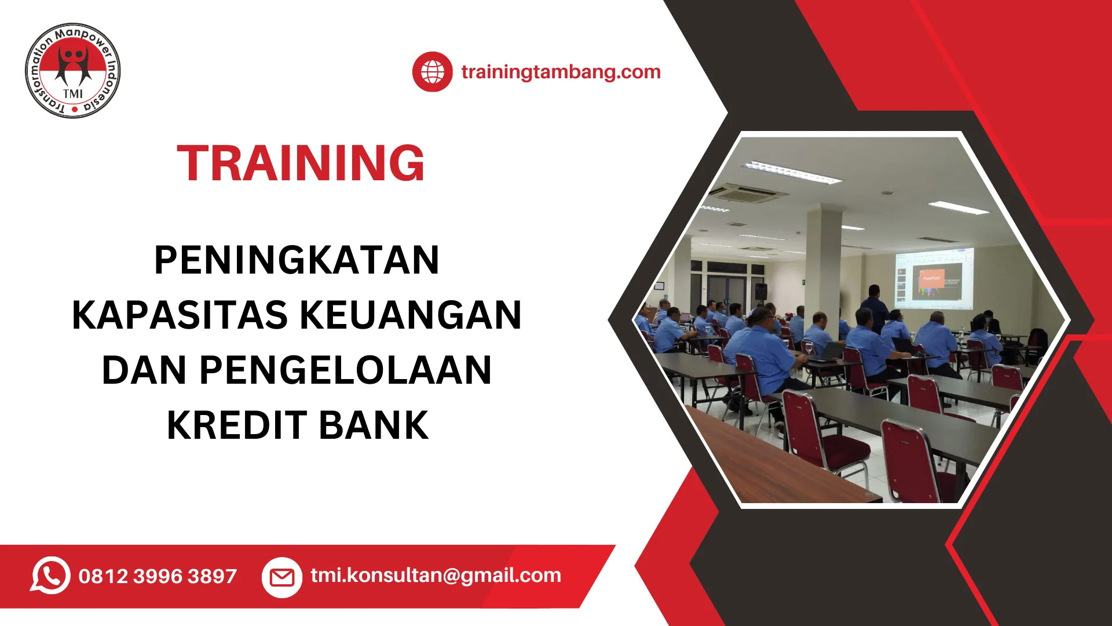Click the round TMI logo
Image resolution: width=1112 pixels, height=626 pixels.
73,71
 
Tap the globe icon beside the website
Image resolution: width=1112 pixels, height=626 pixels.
433,72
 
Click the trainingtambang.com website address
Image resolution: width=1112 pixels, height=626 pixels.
561,72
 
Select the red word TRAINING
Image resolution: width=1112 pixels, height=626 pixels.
301,163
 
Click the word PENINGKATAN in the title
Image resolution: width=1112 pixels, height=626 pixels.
297,260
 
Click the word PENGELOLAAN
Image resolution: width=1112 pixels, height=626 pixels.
346,370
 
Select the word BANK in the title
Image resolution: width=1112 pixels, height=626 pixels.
374,425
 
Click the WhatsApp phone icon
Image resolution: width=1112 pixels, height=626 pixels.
50,576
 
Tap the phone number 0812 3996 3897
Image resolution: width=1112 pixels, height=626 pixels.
158,576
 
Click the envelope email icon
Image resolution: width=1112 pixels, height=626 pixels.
282,577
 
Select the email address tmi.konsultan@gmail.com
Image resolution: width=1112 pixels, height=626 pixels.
436,575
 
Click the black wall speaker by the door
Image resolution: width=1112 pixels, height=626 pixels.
760,291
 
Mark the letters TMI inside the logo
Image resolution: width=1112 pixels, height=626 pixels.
73,94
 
